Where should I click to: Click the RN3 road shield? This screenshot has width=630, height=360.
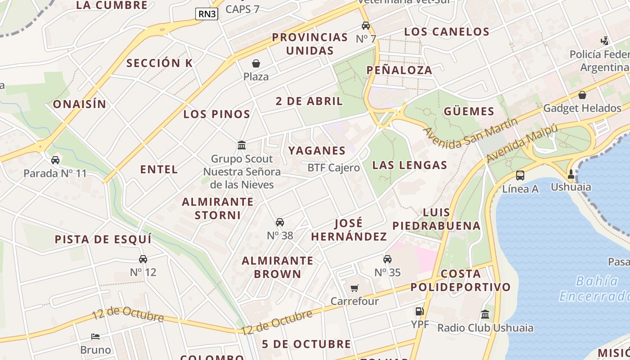pos(207,14)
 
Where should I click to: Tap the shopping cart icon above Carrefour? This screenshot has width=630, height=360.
pos(355,288)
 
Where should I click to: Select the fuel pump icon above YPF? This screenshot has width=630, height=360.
pos(419,311)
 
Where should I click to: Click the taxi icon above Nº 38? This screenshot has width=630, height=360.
pos(280,222)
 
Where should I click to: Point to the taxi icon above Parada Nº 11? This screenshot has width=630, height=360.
pos(55,160)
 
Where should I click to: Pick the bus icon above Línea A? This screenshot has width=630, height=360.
pos(520,175)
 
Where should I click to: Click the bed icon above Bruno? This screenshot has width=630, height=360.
pos(95,337)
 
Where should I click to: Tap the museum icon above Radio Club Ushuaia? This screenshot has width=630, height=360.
pos(485,315)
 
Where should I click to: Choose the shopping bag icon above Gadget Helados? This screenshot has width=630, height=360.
pos(582,95)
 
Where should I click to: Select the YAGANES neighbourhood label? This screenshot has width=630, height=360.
pos(317,150)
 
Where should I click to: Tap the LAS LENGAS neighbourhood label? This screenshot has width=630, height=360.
pos(410,165)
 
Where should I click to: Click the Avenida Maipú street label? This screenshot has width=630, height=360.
pos(522,143)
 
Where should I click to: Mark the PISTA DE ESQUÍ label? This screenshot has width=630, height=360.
pos(103,239)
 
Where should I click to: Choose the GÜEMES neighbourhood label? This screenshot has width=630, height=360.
pos(469,111)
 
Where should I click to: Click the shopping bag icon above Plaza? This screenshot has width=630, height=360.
pos(256,63)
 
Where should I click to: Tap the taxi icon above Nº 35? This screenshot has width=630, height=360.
pos(387,259)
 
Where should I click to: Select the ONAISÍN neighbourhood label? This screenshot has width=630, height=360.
pos(80,104)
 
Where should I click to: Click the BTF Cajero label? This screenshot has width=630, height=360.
pos(333,168)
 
